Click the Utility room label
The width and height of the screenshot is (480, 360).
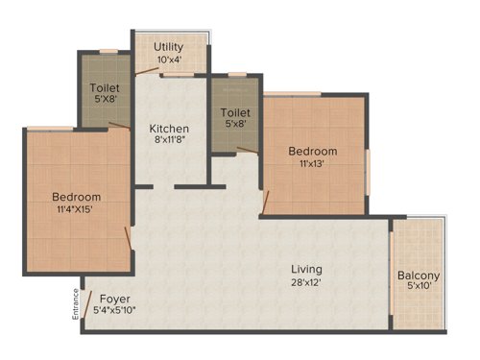pyautogui.click(x=169, y=46)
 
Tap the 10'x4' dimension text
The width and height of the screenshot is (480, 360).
pyautogui.click(x=169, y=60)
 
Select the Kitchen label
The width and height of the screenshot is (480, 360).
pyautogui.click(x=169, y=129)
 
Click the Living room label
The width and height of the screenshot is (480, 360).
pyautogui.click(x=307, y=270)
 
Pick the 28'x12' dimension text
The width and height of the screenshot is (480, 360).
pyautogui.click(x=307, y=284)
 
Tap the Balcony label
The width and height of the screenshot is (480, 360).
pyautogui.click(x=419, y=276)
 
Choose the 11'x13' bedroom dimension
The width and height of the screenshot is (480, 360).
pyautogui.click(x=314, y=165)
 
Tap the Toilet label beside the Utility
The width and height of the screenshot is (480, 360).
pyautogui.click(x=105, y=86)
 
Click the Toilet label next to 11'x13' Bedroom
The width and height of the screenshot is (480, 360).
pyautogui.click(x=235, y=112)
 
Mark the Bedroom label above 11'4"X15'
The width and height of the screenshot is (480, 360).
pyautogui.click(x=76, y=198)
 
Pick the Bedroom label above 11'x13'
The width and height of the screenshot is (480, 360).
pyautogui.click(x=314, y=152)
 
